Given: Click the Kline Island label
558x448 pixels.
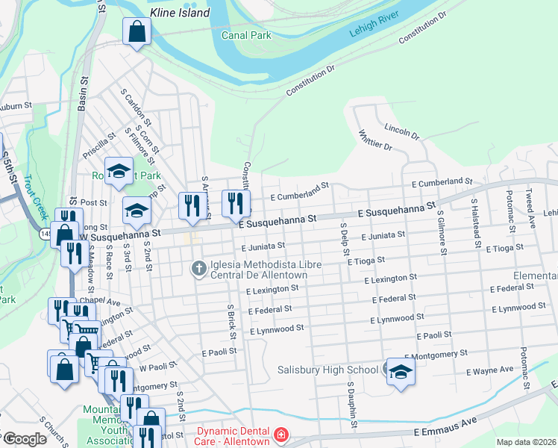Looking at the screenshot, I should click(x=180, y=13).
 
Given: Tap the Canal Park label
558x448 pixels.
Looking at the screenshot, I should click(x=247, y=34).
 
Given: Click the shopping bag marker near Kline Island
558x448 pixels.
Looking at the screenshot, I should click(x=137, y=32).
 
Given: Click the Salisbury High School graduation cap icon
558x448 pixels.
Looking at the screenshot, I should click(x=401, y=372).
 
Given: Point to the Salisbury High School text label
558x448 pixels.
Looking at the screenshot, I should click(x=327, y=370).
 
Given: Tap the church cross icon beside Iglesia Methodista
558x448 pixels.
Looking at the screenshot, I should click(x=198, y=267).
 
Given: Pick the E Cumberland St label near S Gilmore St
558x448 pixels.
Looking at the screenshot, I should click(x=442, y=182).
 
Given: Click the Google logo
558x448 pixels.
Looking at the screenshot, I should click(x=25, y=438).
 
